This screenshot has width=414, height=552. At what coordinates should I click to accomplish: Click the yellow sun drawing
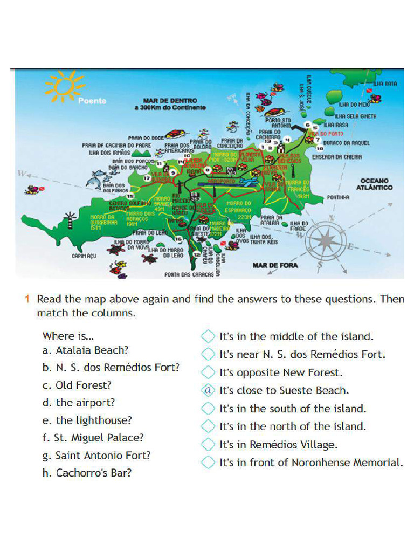coord(64,86)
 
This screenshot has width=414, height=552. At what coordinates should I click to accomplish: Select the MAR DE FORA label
coord(275,265)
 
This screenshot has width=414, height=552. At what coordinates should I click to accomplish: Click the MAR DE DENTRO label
coord(170,101)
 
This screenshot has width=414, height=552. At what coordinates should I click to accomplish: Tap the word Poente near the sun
coord(92,101)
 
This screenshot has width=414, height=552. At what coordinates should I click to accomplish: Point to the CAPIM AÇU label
coord(84,256)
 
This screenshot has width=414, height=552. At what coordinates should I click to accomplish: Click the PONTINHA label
coord(339,198)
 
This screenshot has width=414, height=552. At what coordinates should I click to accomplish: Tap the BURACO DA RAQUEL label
coord(347,143)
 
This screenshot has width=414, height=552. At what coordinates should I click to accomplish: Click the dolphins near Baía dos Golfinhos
coord(96,178)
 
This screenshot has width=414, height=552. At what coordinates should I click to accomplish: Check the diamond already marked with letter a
coord(208,390)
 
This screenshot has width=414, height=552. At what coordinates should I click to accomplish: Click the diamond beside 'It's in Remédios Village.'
coord(208,445)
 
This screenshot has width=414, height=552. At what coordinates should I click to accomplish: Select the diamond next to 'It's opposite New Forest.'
coord(208,372)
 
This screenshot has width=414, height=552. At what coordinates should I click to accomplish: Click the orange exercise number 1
coord(26,299)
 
